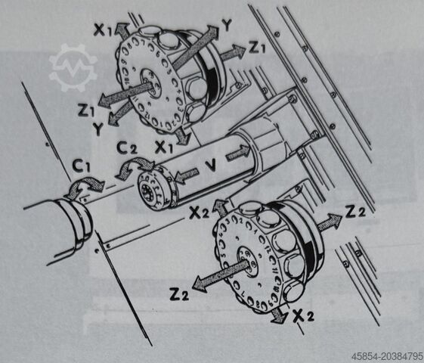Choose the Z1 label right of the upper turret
point(258,48)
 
